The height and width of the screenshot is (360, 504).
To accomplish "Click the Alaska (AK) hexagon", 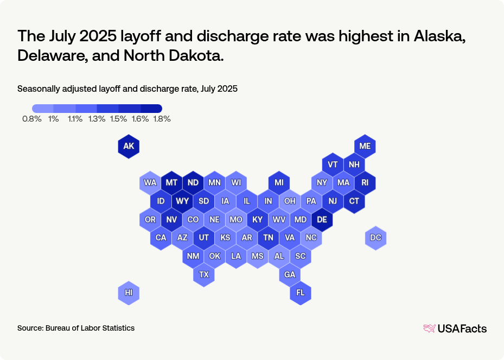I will click(x=129, y=146).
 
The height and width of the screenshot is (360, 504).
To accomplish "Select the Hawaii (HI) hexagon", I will click(x=129, y=293).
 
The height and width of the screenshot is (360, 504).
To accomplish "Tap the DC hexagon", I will click(x=375, y=238).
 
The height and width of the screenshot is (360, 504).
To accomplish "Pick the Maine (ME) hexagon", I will click(x=365, y=146).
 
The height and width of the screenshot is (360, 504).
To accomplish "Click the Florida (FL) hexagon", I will click(x=301, y=293).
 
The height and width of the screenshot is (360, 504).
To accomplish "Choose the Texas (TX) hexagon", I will click(x=204, y=274).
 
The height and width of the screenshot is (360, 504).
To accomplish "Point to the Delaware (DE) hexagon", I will click(x=322, y=219).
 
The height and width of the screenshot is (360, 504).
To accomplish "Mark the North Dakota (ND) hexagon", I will click(x=193, y=182).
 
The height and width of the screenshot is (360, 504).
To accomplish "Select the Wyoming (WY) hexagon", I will click(x=182, y=201).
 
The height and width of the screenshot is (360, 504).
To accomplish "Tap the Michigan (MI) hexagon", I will click(x=279, y=182).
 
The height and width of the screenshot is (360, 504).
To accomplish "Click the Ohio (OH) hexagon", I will click(x=290, y=201).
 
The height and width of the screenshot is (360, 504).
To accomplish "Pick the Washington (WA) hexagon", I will click(x=150, y=182).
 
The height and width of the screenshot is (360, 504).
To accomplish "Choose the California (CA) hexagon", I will click(x=161, y=238).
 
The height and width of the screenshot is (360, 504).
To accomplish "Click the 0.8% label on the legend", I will click(x=32, y=119).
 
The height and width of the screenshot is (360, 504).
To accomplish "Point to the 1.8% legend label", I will click(x=161, y=119).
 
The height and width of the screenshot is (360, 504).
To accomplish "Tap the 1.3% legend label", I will click(x=97, y=119).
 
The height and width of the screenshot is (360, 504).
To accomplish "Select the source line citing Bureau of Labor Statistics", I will click(x=76, y=328).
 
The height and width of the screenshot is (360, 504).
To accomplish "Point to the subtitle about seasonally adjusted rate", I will click(x=127, y=89).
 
